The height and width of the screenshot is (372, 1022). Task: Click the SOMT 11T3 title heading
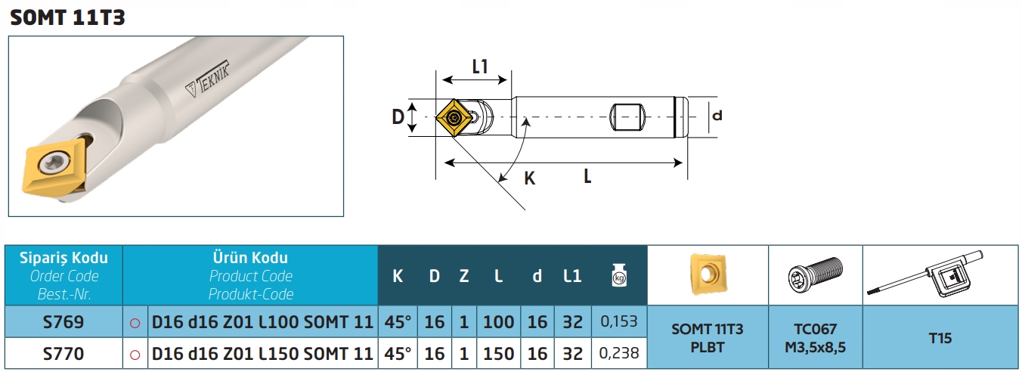[x=67, y=17]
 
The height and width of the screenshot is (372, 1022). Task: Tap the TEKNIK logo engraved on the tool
[x=208, y=79]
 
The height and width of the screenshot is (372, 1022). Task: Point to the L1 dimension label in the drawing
[x=480, y=67]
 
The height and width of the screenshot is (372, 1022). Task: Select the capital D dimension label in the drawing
[x=398, y=117]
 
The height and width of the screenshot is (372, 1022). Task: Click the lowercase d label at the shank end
[x=717, y=115]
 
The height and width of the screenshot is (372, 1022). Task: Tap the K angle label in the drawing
[x=529, y=178]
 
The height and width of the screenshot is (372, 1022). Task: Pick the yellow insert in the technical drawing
[x=454, y=118]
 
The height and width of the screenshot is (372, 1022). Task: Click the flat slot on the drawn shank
[x=627, y=117]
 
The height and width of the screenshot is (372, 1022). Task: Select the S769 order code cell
[x=63, y=322]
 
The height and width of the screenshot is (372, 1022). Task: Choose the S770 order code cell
[x=63, y=353]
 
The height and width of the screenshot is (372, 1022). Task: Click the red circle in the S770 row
[x=135, y=355]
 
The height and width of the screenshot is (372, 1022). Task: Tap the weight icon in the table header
[x=619, y=275]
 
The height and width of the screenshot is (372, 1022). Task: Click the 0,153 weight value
[x=618, y=321]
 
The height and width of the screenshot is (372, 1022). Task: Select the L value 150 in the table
[x=499, y=353]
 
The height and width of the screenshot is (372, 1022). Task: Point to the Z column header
[x=464, y=276]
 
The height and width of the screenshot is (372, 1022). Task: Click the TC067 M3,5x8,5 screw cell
[x=816, y=338]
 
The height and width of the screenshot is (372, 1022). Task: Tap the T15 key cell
[x=940, y=338]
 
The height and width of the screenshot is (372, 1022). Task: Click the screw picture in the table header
[x=816, y=274]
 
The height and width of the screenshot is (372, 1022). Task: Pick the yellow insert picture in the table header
[x=708, y=274]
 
